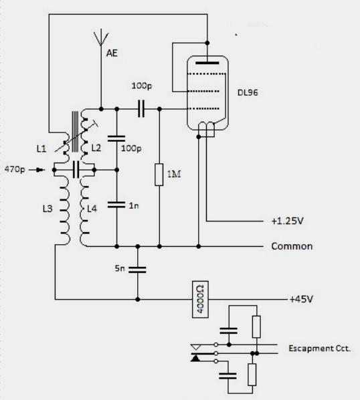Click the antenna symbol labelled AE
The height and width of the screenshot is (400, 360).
pos(101,39)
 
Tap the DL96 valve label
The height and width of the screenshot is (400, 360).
pos(248,92)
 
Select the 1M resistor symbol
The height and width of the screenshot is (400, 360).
pos(159,175)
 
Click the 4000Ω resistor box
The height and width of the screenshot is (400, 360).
pos(200,300)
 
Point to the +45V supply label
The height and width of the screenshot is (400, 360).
pos(301,299)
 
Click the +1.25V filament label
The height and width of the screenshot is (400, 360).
pos(288,221)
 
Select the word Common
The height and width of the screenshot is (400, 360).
pos(292,246)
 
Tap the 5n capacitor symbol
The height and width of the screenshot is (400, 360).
pos(137,270)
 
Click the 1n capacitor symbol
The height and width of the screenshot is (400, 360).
pos(116,205)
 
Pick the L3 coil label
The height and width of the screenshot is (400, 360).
pos(48,209)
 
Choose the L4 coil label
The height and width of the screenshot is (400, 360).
pos(92,209)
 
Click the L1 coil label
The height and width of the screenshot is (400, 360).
pos(41,148)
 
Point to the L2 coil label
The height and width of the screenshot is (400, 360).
pos(96,148)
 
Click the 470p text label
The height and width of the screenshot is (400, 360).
pos(15,169)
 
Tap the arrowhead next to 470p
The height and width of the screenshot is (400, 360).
pos(41,170)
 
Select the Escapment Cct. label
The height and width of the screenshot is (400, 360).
pos(320,348)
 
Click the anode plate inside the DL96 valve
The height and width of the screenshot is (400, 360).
pos(207,63)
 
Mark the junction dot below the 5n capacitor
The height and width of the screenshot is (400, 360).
pos(138,299)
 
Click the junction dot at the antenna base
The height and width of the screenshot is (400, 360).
pos(101,109)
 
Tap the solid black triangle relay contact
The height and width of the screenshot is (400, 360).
pos(195,358)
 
